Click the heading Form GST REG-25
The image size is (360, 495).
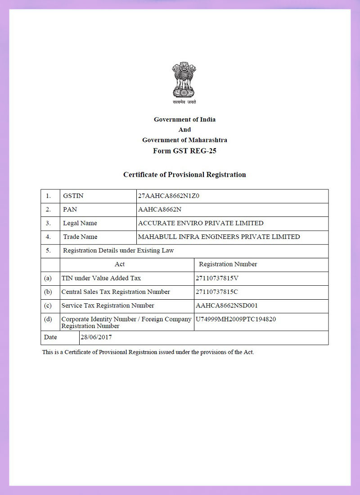pos(184,151)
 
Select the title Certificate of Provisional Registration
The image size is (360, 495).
pos(184,175)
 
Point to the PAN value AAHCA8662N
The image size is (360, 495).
pos(159,210)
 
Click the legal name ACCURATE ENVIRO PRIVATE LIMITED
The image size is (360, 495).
pos(201,223)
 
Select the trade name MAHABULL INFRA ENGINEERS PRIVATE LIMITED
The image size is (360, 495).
pos(219,237)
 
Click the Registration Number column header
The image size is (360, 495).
pos(228,264)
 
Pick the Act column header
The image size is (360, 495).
pos(120,264)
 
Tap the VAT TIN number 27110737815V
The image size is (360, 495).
pos(217,278)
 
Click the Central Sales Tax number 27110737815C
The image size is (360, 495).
pos(217,292)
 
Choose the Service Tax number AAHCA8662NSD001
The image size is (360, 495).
pos(227,306)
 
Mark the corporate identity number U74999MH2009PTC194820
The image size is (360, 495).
pos(236,319)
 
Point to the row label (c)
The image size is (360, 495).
pos(48,306)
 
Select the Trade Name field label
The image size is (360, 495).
pos(80,237)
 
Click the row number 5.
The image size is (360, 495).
pos(48,251)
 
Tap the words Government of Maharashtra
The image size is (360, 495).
pos(184,140)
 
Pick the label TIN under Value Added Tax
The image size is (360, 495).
pos(101,278)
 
